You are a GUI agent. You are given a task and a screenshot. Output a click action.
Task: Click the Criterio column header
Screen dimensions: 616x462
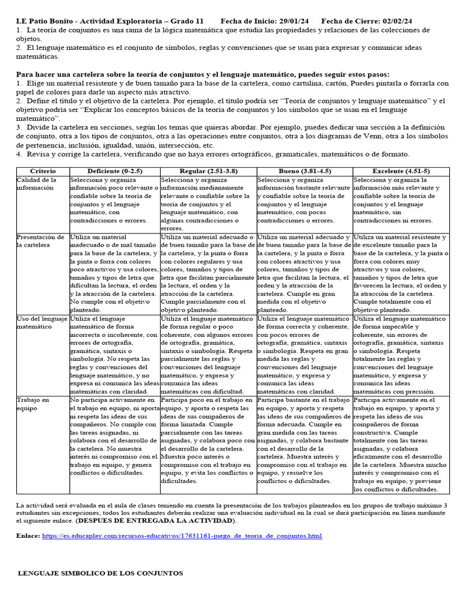42,171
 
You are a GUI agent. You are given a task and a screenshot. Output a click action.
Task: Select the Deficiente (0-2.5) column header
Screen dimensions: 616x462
114,171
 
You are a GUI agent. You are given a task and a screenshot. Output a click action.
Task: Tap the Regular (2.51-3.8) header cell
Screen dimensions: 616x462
208,171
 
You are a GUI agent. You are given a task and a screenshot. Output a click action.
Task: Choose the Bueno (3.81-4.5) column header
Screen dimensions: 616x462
304,171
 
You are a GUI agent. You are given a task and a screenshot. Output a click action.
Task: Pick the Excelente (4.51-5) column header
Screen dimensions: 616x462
401,171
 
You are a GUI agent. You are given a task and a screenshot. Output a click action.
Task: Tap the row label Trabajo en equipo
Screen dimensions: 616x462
33,404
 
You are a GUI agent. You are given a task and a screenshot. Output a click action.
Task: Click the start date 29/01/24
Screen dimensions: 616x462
294,21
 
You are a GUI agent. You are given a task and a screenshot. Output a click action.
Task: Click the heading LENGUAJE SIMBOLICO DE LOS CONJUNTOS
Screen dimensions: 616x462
101,573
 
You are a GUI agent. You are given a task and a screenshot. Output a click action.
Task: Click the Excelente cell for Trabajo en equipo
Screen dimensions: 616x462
401,445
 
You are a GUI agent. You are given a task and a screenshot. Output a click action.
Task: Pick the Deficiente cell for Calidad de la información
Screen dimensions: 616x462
114,200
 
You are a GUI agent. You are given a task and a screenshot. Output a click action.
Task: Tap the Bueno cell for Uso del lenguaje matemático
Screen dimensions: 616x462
304,355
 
